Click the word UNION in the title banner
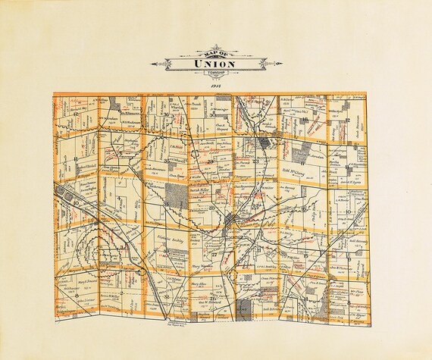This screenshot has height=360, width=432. coord(216,64)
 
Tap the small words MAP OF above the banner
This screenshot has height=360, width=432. coord(216,52)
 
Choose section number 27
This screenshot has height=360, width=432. coord(214,254)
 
